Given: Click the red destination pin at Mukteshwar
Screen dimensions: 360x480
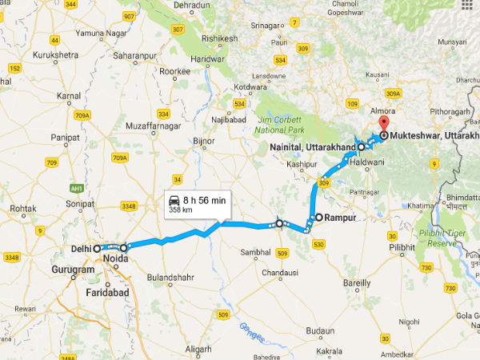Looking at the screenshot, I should click(x=382, y=124).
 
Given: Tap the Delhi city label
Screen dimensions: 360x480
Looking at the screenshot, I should click(x=78, y=248).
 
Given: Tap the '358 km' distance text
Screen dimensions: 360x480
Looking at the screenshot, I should click(x=180, y=210).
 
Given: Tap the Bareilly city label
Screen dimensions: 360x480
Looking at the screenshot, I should click(x=356, y=282).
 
